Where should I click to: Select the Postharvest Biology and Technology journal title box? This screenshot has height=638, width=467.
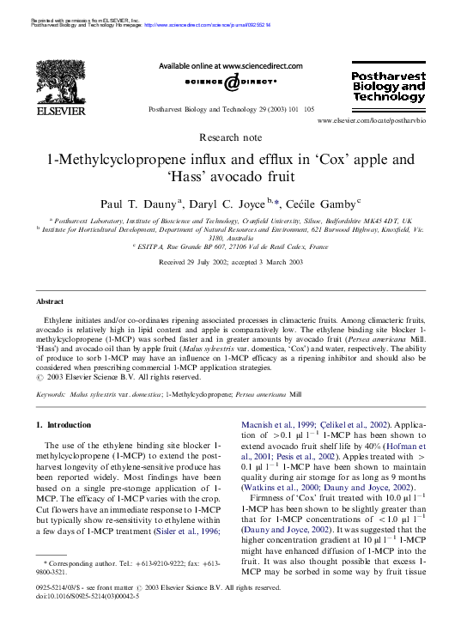pos(389,87)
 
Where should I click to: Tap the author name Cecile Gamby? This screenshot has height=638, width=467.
pos(326,204)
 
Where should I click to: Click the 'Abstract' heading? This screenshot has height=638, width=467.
pos(50,301)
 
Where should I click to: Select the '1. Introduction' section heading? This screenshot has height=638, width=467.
pos(64,425)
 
